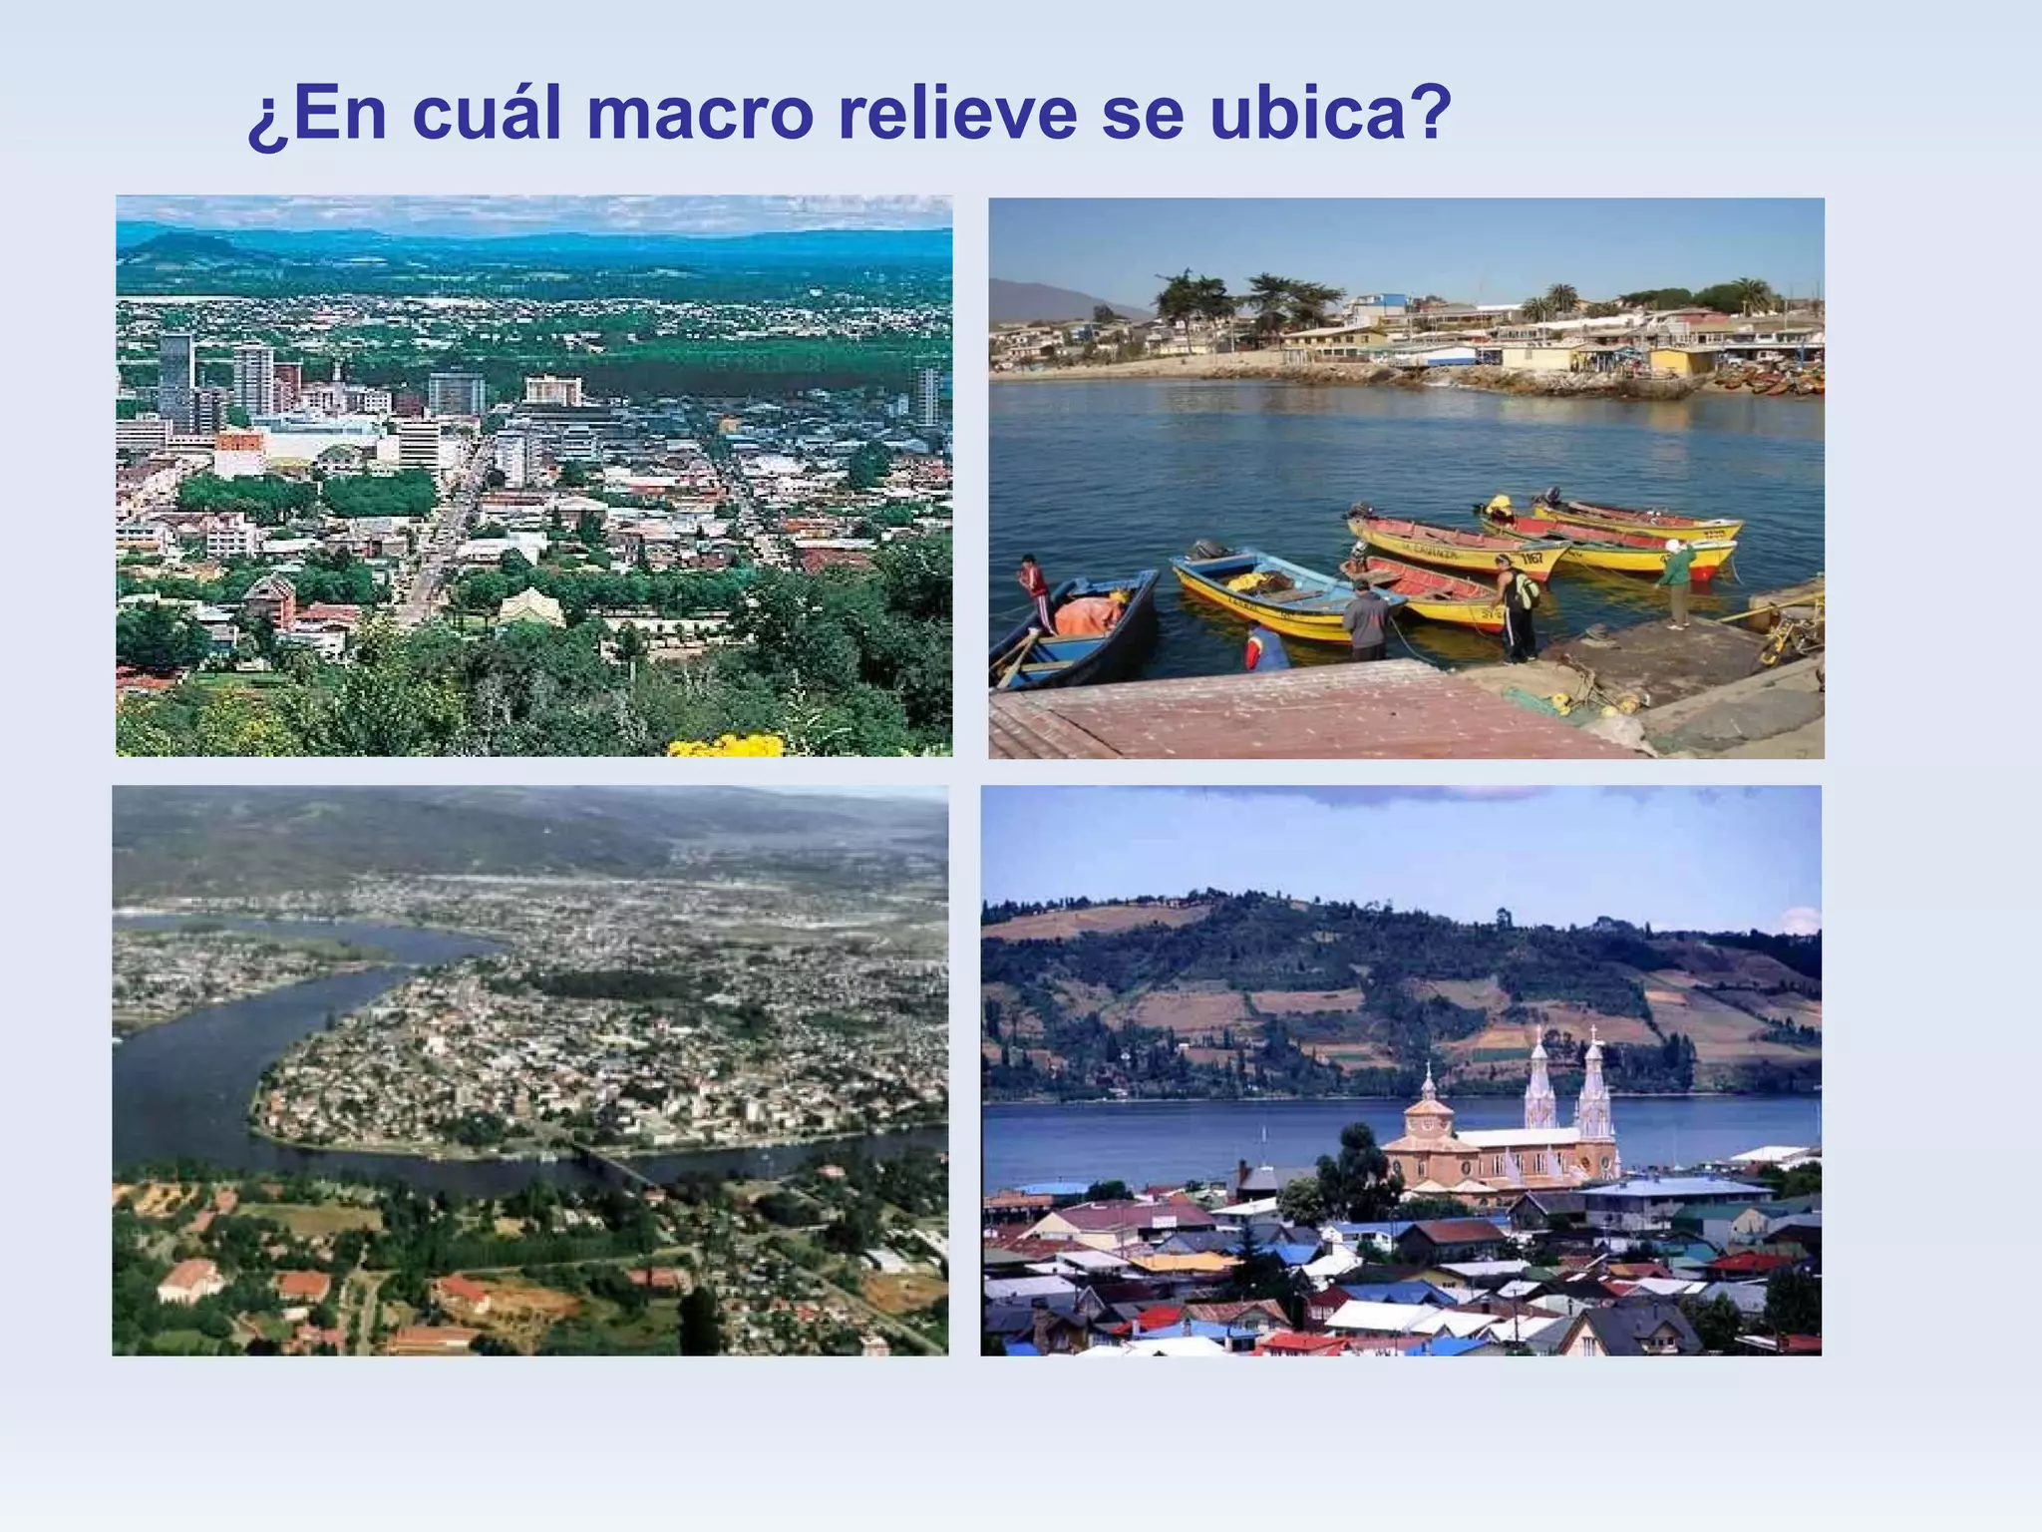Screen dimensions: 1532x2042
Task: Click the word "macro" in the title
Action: coord(700,115)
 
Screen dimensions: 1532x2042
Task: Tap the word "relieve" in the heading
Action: coord(957,115)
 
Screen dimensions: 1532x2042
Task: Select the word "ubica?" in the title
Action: coord(1331,115)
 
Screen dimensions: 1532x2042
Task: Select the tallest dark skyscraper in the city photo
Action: coord(176,379)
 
